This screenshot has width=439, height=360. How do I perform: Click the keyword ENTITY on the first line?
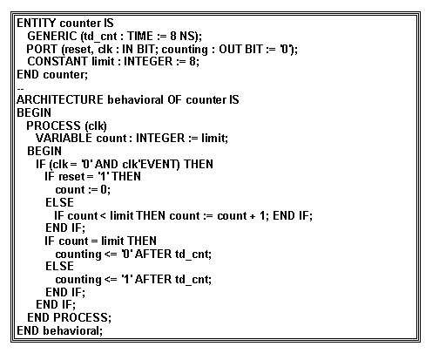[x=36, y=23]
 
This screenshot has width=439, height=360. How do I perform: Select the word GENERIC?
[x=51, y=36]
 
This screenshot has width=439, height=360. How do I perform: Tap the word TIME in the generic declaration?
[x=140, y=36]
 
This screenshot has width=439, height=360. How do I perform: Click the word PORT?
[x=42, y=49]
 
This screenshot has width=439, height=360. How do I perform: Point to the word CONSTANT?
[x=57, y=61]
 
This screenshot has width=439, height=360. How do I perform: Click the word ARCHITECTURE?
[x=60, y=99]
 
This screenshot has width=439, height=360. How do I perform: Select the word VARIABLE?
[x=64, y=138]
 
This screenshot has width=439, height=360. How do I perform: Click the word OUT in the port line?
[x=230, y=49]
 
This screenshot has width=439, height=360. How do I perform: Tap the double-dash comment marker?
[x=20, y=88]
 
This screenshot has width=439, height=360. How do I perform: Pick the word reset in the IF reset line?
[x=71, y=177]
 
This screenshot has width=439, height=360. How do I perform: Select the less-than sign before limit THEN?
[x=103, y=216]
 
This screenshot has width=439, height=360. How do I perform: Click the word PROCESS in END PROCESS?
[x=80, y=317]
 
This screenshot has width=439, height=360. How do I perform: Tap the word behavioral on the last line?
[x=71, y=330]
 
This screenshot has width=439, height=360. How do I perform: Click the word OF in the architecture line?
[x=174, y=99]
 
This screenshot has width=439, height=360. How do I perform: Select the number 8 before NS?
[x=173, y=36]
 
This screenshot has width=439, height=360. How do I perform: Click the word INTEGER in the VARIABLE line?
[x=160, y=138]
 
